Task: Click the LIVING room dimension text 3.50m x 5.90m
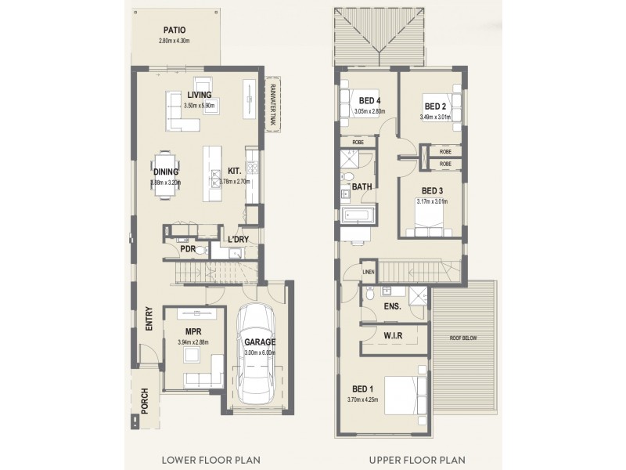(199, 105)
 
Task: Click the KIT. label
(234, 170)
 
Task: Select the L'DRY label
(238, 240)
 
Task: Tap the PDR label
(187, 249)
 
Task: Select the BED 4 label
(369, 100)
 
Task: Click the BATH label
(362, 187)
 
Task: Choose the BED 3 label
(433, 190)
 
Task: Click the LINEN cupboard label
(369, 272)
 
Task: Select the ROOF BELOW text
(463, 338)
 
